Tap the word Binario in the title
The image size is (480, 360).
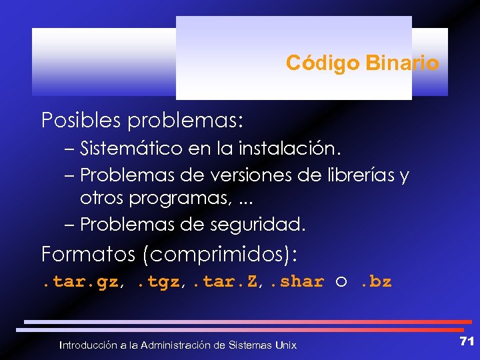point(401,63)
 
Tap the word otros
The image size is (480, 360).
point(102,198)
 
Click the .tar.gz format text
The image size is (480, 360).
point(80,282)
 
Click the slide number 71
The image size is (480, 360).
point(467,341)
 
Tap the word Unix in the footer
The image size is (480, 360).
point(285,345)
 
